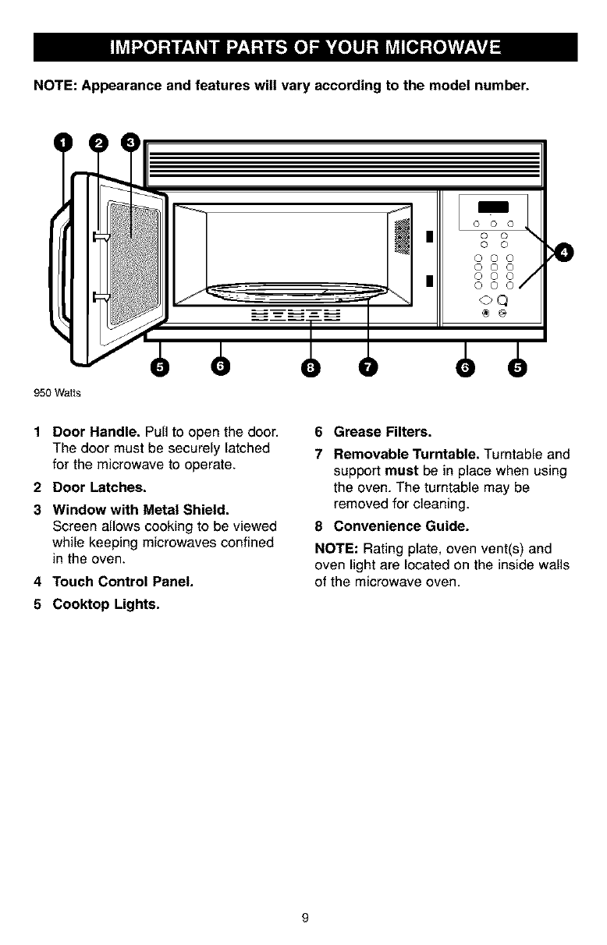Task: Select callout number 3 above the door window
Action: pos(130,143)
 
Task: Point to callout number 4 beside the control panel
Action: pos(564,252)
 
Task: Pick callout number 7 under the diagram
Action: pos(367,366)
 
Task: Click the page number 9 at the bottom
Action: pos(307,918)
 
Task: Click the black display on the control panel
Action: pos(497,206)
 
